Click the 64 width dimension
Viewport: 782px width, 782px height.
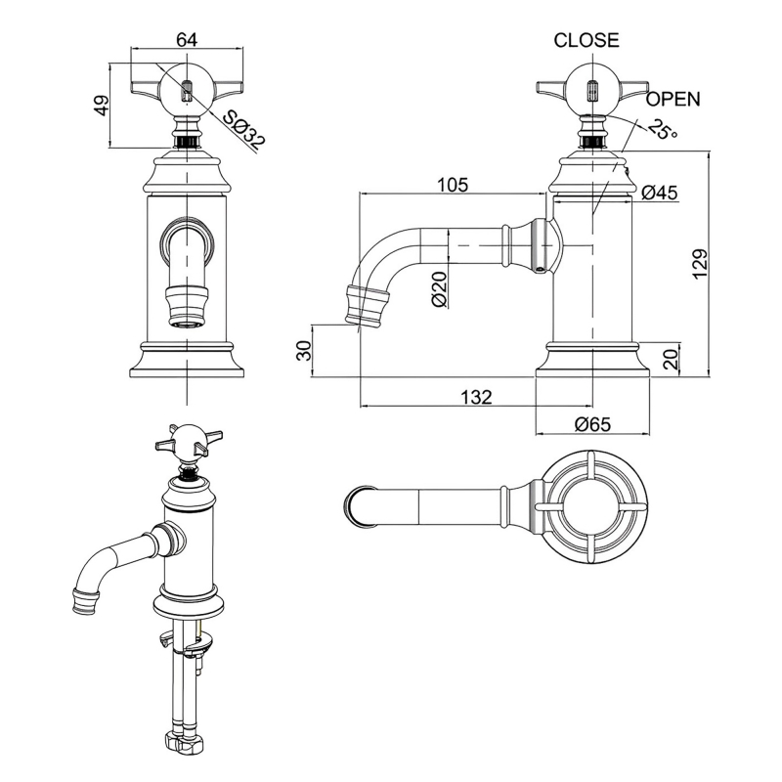pyautogui.click(x=187, y=39)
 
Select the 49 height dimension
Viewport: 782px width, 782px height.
pyautogui.click(x=102, y=106)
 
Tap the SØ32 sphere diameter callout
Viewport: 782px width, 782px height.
pyautogui.click(x=243, y=131)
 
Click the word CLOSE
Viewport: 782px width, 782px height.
pyautogui.click(x=586, y=40)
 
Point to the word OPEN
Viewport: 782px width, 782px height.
pyautogui.click(x=673, y=100)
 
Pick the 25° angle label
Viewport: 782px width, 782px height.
pyautogui.click(x=664, y=129)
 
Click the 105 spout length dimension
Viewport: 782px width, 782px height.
pyautogui.click(x=453, y=185)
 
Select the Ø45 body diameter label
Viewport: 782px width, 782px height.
pyautogui.click(x=659, y=193)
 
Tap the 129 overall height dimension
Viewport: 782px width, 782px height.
pyautogui.click(x=701, y=264)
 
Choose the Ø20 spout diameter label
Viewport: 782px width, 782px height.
pyautogui.click(x=439, y=288)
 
